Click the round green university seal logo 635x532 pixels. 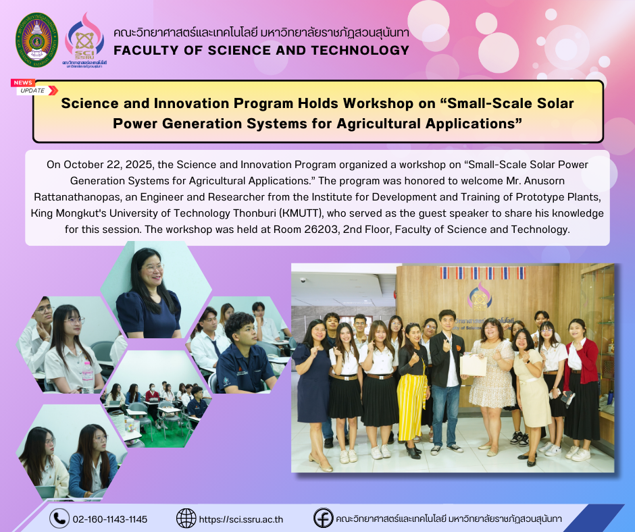click(x=37, y=40)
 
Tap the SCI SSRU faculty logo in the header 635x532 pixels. click(x=84, y=40)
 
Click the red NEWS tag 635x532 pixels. click(x=23, y=82)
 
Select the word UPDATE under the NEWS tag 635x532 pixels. click(x=32, y=90)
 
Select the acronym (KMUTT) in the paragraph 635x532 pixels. click(x=301, y=213)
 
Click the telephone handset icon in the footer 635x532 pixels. click(x=59, y=518)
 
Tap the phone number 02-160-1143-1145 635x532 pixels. click(x=110, y=519)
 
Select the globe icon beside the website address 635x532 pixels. click(x=186, y=518)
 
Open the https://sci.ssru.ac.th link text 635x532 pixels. click(x=241, y=519)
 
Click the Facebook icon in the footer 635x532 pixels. click(x=323, y=518)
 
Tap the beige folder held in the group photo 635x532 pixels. click(x=474, y=365)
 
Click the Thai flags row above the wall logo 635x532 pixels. click(x=482, y=273)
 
